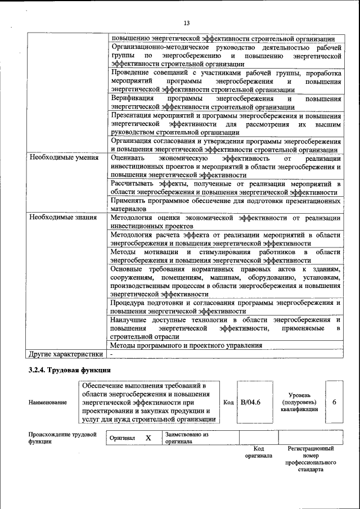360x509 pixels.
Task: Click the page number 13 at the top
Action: point(187,22)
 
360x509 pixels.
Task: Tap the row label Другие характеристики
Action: point(66,354)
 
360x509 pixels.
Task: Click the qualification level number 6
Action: point(334,403)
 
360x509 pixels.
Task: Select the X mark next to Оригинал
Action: point(148,438)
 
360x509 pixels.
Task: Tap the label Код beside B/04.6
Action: point(228,403)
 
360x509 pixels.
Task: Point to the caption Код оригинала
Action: point(259,452)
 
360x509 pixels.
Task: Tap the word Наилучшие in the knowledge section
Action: point(128,319)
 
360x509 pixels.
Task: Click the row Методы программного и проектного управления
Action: point(186,345)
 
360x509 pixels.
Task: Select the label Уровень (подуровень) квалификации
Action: point(299,403)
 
